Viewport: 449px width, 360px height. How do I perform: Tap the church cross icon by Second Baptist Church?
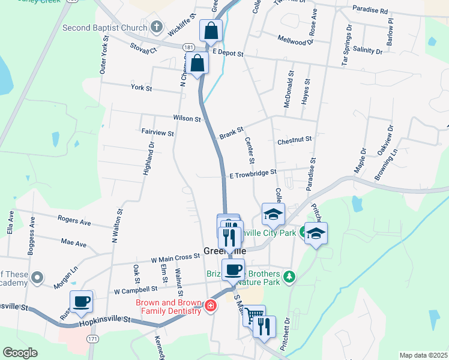[156, 27]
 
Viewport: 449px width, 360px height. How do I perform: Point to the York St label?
[142, 88]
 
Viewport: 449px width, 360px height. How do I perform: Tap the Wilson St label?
[187, 119]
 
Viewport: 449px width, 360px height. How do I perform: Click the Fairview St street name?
[157, 133]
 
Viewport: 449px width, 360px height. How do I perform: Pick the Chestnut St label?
[295, 140]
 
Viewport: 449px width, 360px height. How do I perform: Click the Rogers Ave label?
[74, 222]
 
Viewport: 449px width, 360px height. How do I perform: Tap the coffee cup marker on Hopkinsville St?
[81, 301]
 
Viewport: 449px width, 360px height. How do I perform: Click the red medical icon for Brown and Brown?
[210, 307]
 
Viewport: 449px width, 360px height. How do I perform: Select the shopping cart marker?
[254, 314]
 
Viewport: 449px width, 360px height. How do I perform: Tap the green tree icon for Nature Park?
[290, 276]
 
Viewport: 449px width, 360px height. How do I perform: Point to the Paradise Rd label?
[370, 10]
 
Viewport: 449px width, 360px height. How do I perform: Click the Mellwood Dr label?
[296, 40]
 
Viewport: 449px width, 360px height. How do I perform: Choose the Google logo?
[20, 352]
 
